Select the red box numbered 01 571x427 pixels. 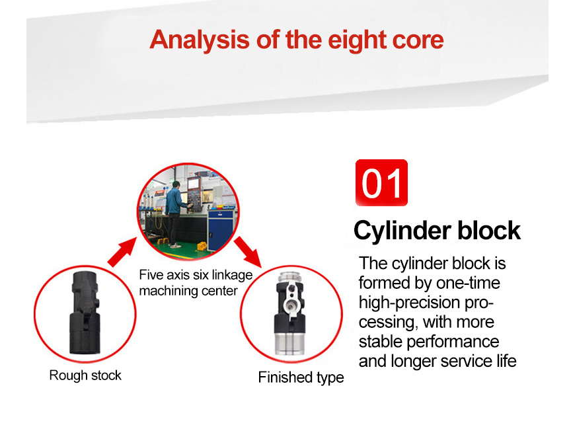(382, 182)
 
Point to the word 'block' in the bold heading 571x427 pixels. (490, 231)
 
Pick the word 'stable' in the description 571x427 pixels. (382, 342)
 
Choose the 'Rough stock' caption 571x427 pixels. (85, 375)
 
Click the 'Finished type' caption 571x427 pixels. (301, 377)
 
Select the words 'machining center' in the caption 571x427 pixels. (188, 290)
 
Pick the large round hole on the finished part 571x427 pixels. (291, 305)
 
